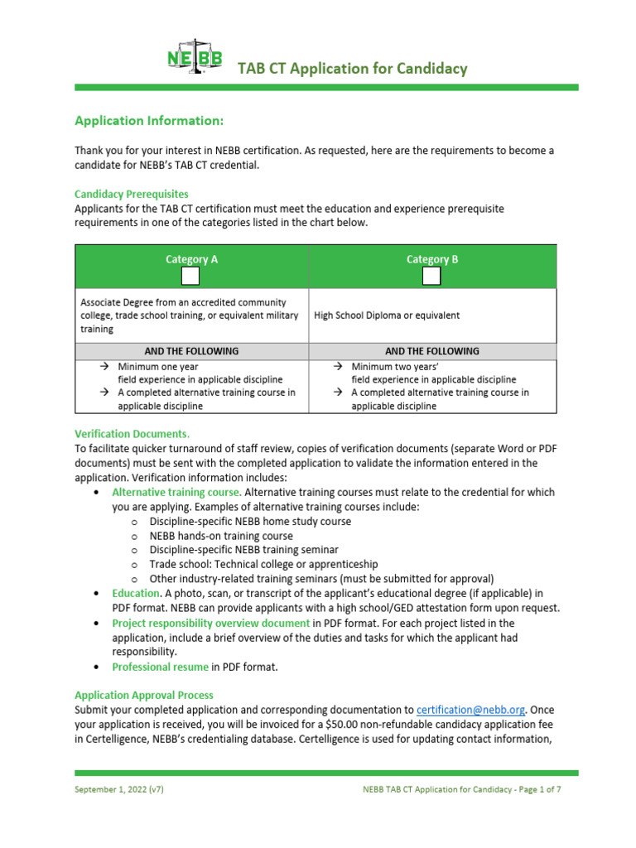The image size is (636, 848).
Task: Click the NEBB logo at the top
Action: pyautogui.click(x=194, y=59)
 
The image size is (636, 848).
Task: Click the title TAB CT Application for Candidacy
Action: pyautogui.click(x=353, y=69)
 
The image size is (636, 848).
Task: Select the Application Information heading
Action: pyautogui.click(x=149, y=121)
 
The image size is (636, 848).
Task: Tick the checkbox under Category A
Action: pyautogui.click(x=190, y=277)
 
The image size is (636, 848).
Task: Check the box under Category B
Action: pyautogui.click(x=431, y=277)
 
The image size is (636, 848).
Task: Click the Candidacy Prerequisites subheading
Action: pyautogui.click(x=132, y=194)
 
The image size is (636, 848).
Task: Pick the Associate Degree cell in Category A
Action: pyautogui.click(x=183, y=316)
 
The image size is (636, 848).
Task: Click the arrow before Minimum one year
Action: pyautogui.click(x=104, y=366)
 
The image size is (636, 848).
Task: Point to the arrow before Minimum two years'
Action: pyautogui.click(x=338, y=366)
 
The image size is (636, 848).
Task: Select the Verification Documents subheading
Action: pyautogui.click(x=132, y=433)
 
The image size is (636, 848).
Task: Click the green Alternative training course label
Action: pyautogui.click(x=176, y=492)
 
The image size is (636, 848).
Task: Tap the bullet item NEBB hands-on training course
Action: pyautogui.click(x=221, y=536)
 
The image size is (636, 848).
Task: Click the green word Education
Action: pyautogui.click(x=136, y=593)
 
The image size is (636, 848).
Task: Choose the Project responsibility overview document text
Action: pyautogui.click(x=211, y=623)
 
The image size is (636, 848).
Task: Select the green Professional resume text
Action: pyautogui.click(x=160, y=667)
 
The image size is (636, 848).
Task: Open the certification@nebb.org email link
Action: pyautogui.click(x=470, y=710)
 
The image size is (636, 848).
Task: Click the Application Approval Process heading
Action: pyautogui.click(x=144, y=695)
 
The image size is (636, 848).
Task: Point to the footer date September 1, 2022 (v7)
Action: pyautogui.click(x=119, y=789)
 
